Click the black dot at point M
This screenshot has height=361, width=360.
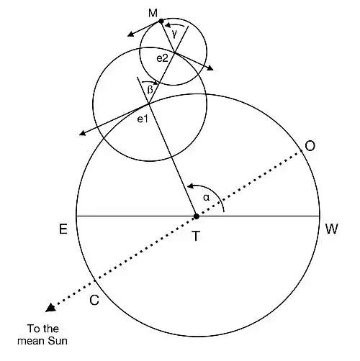(161, 22)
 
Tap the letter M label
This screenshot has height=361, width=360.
(153, 13)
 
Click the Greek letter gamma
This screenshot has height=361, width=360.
(175, 35)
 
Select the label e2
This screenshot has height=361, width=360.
(162, 58)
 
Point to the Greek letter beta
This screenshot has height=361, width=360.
(150, 90)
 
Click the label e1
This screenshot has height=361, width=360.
(143, 119)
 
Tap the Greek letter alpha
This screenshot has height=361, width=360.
(207, 198)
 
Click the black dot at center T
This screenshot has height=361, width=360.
(197, 216)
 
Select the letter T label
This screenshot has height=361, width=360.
(196, 236)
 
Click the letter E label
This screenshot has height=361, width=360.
(63, 229)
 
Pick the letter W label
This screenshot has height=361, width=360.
(332, 229)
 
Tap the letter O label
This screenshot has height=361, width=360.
(310, 146)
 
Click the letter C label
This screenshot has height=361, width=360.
(94, 300)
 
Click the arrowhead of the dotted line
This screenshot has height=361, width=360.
(51, 308)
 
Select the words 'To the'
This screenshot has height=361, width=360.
(43, 329)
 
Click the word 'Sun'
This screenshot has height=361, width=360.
(58, 341)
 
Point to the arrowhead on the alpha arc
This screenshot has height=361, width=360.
(191, 186)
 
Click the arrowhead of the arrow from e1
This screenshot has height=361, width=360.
(83, 133)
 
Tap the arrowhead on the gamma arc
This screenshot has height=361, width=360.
(169, 25)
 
